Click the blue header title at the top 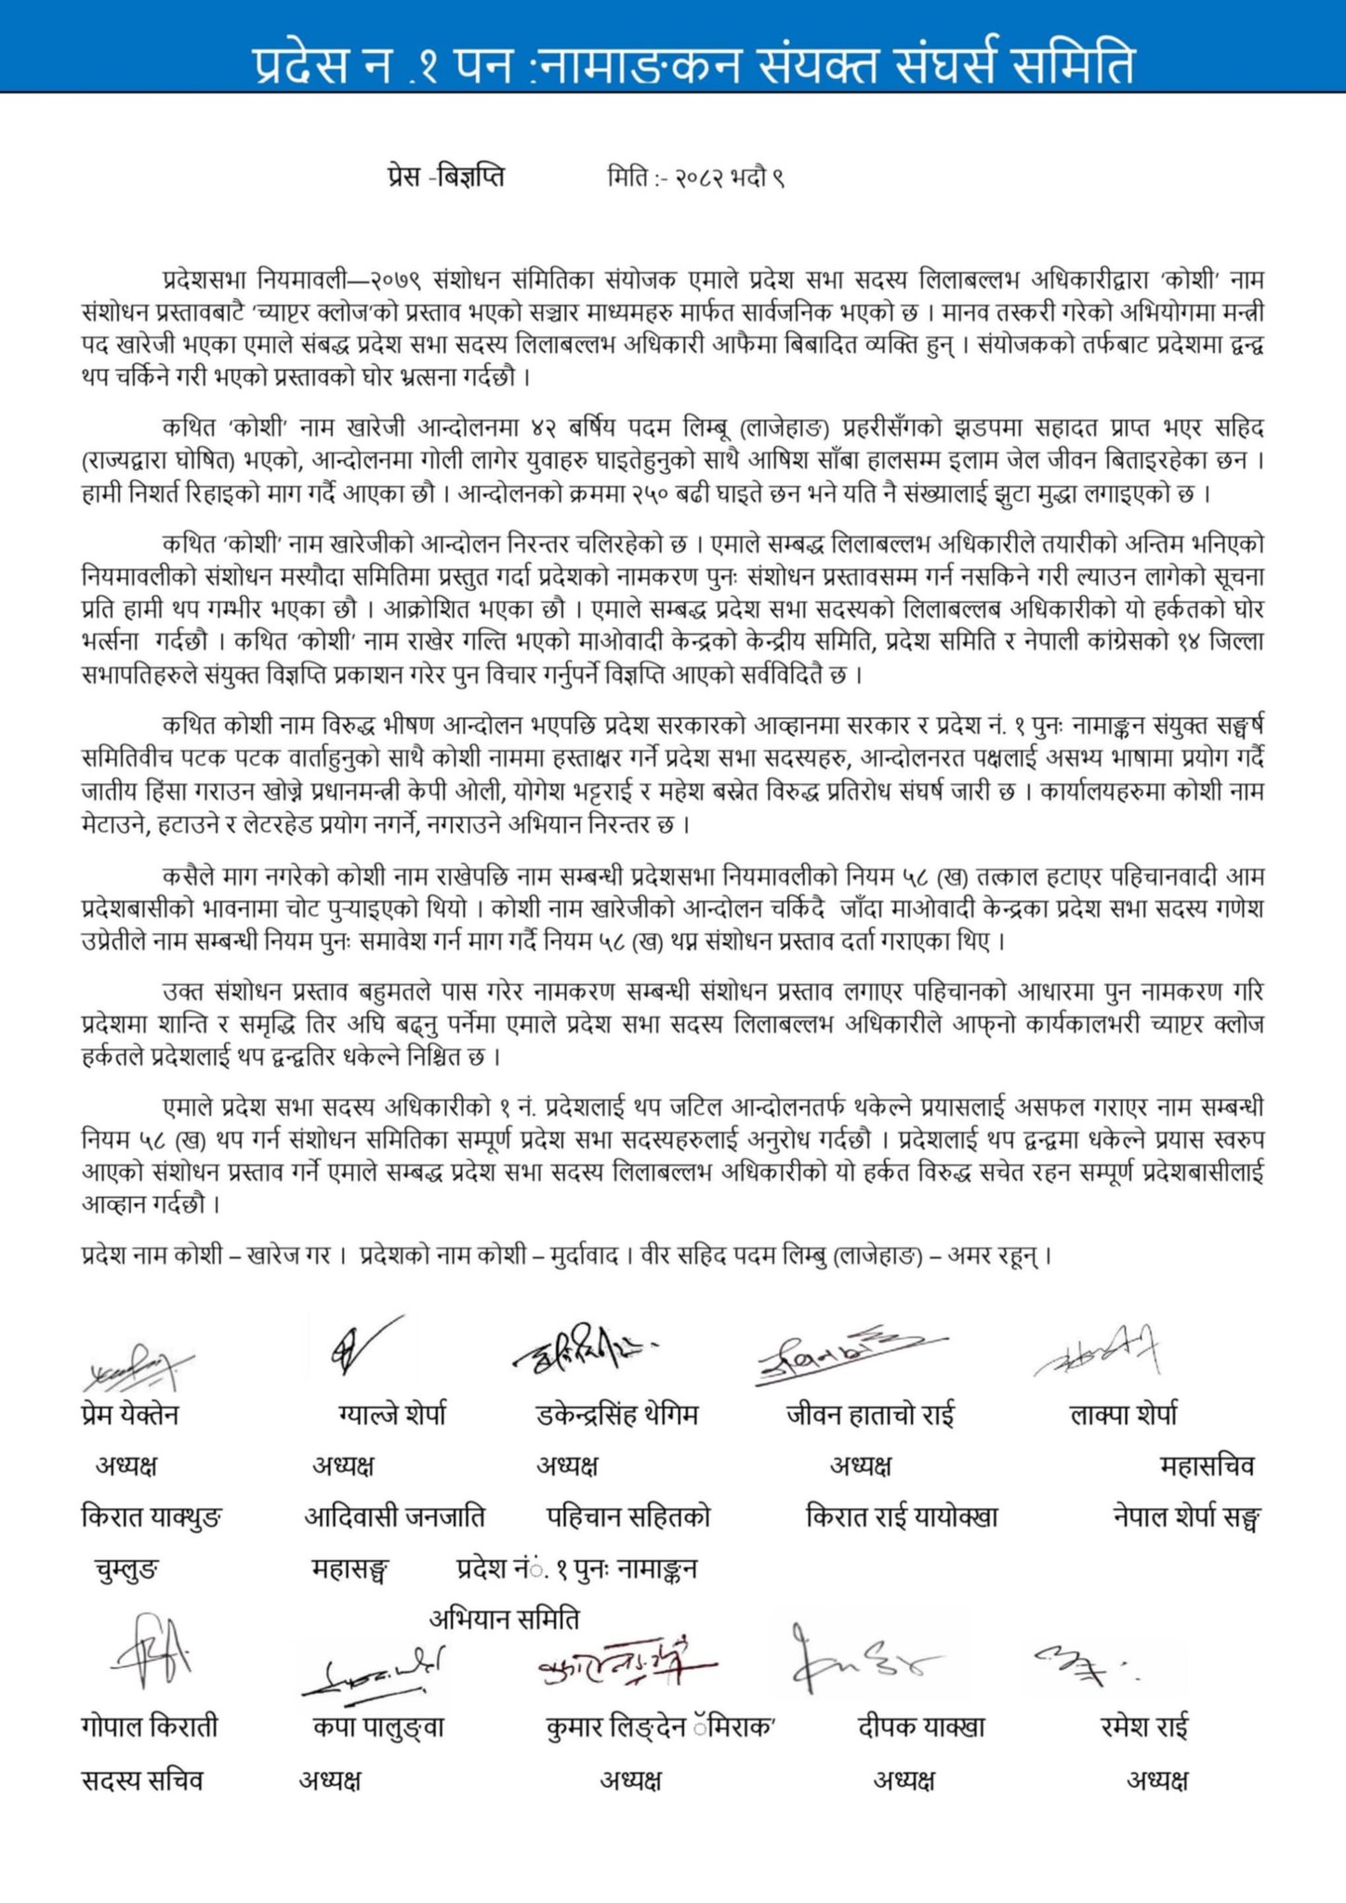point(693,65)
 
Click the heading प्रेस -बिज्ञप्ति point(446,176)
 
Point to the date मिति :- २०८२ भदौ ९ point(696,177)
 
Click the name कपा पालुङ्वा point(378,1726)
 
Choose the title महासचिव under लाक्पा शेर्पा point(1207,1465)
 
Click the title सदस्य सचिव point(141,1779)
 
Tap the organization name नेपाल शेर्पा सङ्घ point(1186,1516)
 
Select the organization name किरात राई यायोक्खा point(902,1516)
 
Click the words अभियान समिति point(504,1619)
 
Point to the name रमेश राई point(1144,1726)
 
